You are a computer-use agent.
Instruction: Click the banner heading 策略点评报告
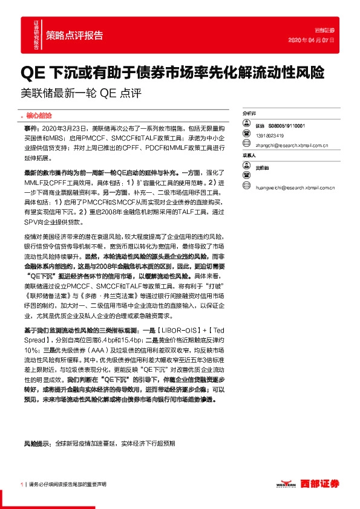[74, 34]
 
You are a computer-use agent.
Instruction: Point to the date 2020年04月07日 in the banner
[312, 39]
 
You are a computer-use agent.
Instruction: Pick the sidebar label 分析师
[249, 114]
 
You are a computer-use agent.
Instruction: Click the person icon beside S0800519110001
[246, 125]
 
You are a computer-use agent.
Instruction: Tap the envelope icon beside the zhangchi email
[246, 145]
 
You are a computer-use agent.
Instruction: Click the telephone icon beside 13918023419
[246, 135]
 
